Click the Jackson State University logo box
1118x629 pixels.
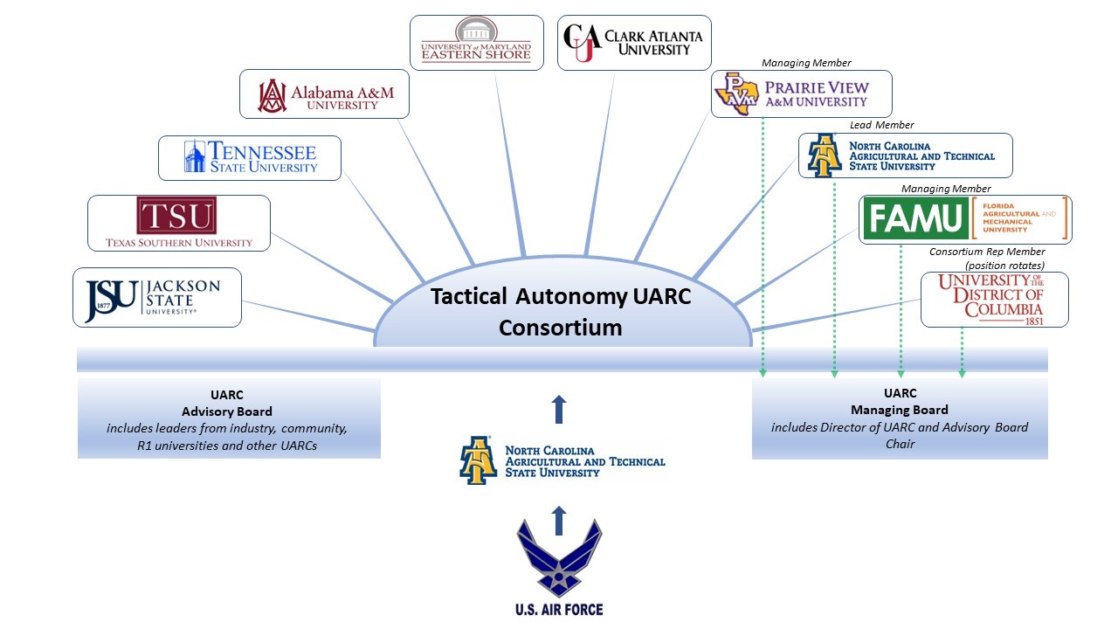point(156,297)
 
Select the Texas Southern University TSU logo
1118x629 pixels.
point(179,222)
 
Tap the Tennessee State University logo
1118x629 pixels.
point(250,157)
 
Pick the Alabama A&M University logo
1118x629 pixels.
point(324,94)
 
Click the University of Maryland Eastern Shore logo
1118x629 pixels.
point(476,42)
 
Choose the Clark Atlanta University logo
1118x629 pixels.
point(634,42)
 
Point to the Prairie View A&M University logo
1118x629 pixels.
point(802,94)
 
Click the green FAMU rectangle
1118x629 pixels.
point(914,218)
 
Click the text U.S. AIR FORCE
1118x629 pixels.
point(559,609)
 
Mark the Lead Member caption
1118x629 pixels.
point(881,125)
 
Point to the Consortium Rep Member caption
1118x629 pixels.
point(987,252)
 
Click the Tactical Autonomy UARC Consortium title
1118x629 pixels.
point(561,312)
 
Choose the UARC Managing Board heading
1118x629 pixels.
point(900,401)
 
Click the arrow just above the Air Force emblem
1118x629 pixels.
point(559,520)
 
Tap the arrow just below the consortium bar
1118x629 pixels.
point(559,409)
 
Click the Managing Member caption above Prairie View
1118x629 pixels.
point(806,63)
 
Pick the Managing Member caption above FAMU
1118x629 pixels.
point(946,189)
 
